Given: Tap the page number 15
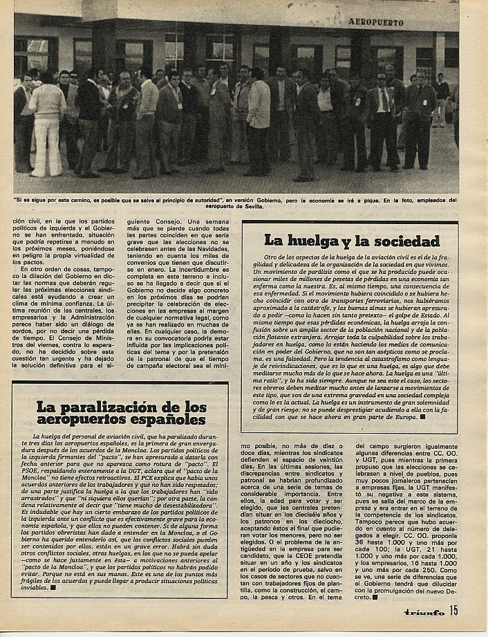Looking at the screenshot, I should (x=453, y=610).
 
